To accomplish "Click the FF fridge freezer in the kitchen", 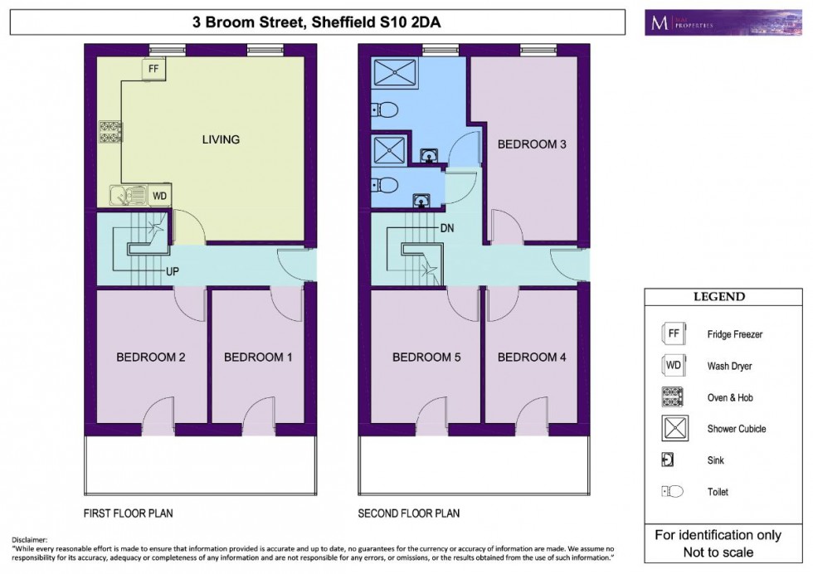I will [x=153, y=69].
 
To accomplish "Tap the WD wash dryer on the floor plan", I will [x=160, y=196].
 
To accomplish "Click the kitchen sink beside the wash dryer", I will [x=125, y=196].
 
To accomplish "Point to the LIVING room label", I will [x=221, y=139].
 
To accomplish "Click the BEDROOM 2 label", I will [x=150, y=358].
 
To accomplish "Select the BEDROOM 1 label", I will [x=258, y=358].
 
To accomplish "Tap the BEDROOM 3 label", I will [x=532, y=144].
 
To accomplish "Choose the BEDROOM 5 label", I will [x=426, y=358].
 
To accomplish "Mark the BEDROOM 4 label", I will [x=532, y=358].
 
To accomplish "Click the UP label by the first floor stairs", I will [x=173, y=271].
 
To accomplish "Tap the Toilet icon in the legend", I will [x=672, y=492].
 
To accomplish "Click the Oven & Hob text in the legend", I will [x=730, y=397].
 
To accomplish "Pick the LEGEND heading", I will [x=719, y=297].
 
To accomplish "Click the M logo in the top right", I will [x=659, y=22].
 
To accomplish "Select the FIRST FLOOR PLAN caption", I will [x=129, y=513].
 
